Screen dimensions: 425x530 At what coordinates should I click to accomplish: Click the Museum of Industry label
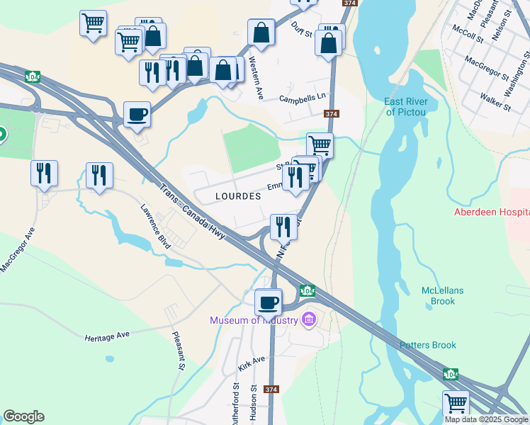(x=253, y=320)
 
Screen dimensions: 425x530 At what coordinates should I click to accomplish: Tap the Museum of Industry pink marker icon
(x=308, y=320)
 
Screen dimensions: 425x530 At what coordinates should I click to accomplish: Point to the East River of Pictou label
(x=407, y=107)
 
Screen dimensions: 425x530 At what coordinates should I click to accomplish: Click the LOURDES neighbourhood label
(x=237, y=196)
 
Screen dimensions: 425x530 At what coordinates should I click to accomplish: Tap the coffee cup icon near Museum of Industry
(x=269, y=302)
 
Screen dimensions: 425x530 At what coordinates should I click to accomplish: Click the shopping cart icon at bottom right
(x=456, y=404)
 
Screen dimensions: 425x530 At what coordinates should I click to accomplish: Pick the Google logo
(x=24, y=416)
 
